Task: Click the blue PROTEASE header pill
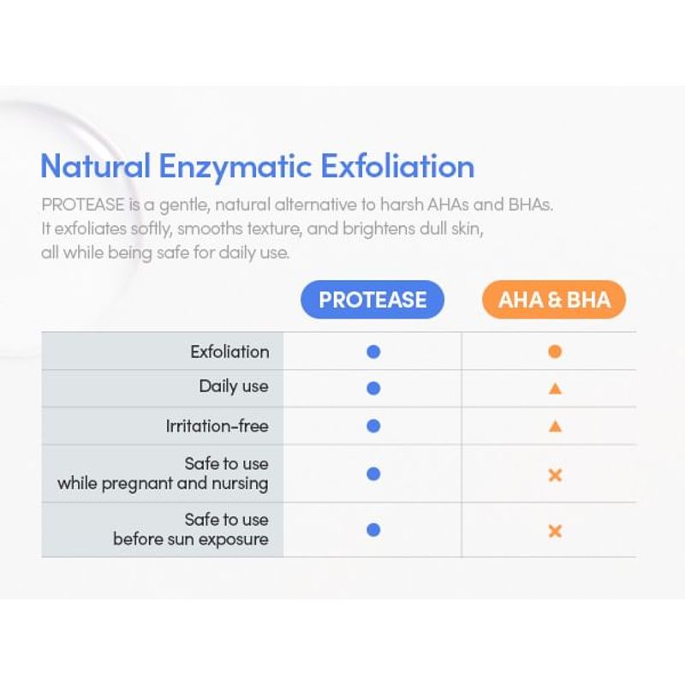(x=372, y=300)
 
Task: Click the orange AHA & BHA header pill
(x=554, y=300)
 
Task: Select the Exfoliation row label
(x=229, y=352)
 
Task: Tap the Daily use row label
(x=234, y=387)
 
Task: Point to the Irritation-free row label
(x=217, y=426)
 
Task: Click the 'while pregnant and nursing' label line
(x=163, y=484)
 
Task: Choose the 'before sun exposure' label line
(x=191, y=539)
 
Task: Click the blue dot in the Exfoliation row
(x=373, y=352)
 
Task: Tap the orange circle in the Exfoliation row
(x=555, y=352)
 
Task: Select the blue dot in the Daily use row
(x=373, y=388)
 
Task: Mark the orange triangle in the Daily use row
(x=555, y=389)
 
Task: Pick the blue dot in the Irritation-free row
(x=373, y=426)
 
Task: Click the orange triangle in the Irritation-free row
(x=555, y=426)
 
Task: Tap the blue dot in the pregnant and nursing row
(x=373, y=474)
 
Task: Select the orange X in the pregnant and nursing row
(x=555, y=475)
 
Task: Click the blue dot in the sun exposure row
(x=373, y=530)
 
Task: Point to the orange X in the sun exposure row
(x=555, y=531)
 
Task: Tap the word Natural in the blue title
(x=95, y=166)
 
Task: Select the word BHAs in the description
(x=530, y=205)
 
